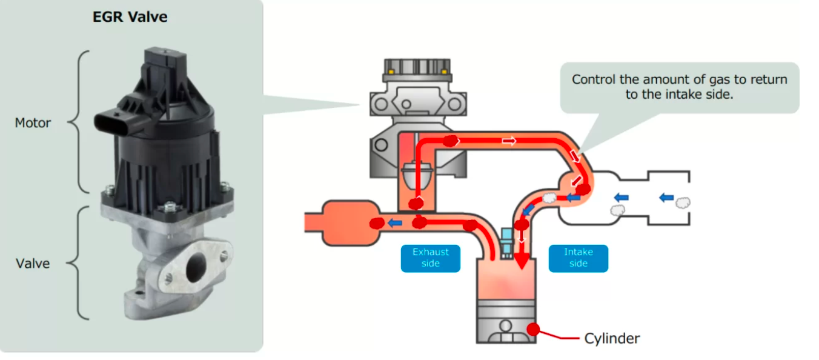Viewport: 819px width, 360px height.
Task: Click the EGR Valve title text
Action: [x=130, y=17]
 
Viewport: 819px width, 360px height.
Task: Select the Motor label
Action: [x=33, y=123]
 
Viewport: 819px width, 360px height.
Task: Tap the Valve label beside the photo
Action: [x=33, y=264]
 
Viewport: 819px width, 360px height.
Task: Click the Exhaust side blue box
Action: [x=430, y=258]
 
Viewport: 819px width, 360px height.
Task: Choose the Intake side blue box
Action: [x=578, y=258]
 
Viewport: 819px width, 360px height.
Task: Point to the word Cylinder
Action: [x=612, y=338]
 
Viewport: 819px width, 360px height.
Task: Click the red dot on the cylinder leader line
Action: [x=533, y=329]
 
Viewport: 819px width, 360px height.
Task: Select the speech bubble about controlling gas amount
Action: [x=679, y=87]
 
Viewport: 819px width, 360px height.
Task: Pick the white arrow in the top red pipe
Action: [x=509, y=141]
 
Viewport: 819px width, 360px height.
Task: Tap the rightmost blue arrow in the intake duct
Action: [x=666, y=197]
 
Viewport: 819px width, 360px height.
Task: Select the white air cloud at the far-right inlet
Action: [x=683, y=202]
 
